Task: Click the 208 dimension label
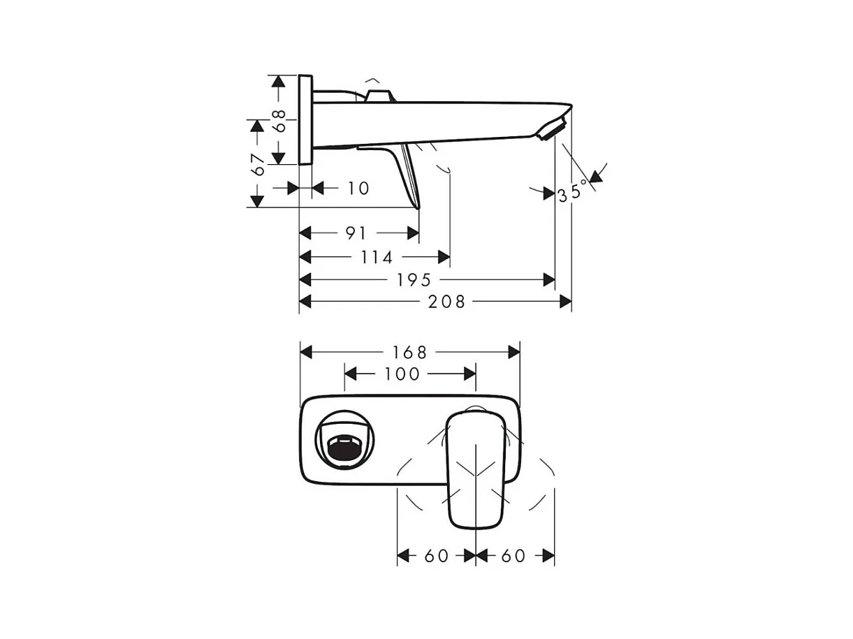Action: (x=446, y=302)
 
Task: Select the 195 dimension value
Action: (x=414, y=280)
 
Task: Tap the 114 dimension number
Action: (x=377, y=258)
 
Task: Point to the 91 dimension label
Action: (x=356, y=233)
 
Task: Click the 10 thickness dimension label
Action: (x=358, y=189)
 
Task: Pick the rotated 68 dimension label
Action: (x=279, y=121)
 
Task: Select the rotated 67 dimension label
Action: (x=258, y=165)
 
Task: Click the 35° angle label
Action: (x=573, y=191)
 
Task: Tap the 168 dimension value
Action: (x=409, y=353)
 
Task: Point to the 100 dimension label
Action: (x=402, y=374)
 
